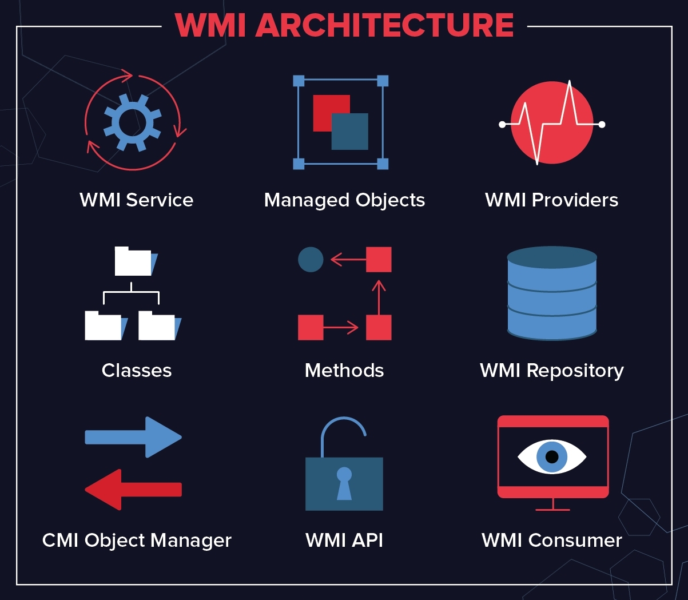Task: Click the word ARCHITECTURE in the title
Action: click(x=384, y=26)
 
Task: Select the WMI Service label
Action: click(x=136, y=200)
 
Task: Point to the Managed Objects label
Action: click(x=344, y=200)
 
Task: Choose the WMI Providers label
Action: click(x=551, y=200)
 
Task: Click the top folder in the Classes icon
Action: click(x=133, y=261)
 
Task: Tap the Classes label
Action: click(x=137, y=370)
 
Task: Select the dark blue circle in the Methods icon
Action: click(x=311, y=260)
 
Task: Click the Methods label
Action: click(x=344, y=370)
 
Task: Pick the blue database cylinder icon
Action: click(x=552, y=293)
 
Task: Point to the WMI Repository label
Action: click(x=551, y=370)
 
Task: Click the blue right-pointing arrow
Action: click(x=133, y=437)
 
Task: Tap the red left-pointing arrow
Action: click(x=133, y=490)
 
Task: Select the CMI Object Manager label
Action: click(x=137, y=540)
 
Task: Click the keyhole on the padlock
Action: click(x=344, y=483)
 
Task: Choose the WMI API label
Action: click(x=344, y=540)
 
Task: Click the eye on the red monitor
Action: click(x=552, y=456)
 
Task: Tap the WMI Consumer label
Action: click(x=551, y=540)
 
